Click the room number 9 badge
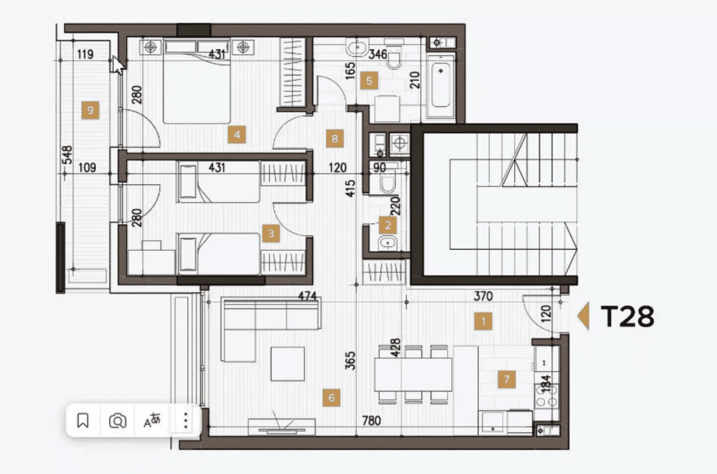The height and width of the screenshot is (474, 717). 90,110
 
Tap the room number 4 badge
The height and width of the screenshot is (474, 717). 237,134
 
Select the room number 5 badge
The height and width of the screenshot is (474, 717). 369,81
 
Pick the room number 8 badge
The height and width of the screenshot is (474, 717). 335,139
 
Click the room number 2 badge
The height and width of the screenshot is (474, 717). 388,225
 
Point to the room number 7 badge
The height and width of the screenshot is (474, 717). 507,379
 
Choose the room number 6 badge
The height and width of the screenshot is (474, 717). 331,398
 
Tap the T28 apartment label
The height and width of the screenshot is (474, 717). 627,316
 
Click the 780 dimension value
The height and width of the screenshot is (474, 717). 371,420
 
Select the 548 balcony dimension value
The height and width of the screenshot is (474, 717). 67,155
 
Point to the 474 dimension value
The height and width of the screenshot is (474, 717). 308,296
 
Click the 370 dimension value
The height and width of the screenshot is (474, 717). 483,296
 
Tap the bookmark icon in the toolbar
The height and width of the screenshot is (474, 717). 83,420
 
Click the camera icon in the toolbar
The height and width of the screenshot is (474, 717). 118,420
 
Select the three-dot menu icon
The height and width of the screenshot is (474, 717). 186,420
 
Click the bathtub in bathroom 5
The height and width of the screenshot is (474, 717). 441,85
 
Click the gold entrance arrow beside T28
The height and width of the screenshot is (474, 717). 584,316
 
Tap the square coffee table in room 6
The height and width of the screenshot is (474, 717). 287,364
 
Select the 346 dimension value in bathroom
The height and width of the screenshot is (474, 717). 378,54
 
